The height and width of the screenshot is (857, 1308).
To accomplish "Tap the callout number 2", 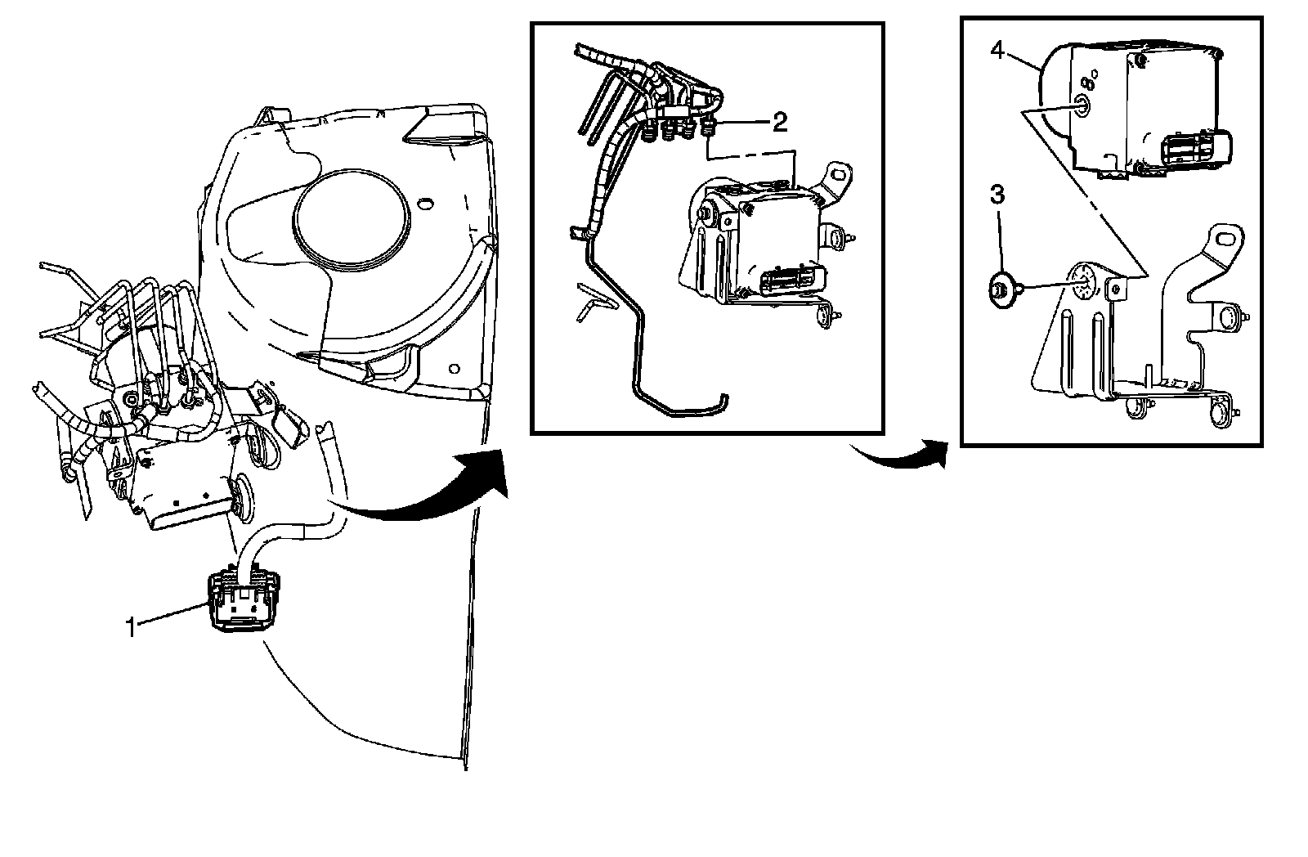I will coord(779,123).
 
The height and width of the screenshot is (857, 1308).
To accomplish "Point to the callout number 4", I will coord(997,50).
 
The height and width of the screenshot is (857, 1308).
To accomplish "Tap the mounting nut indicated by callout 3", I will coord(998,289).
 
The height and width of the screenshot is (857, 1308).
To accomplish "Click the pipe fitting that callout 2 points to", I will coord(709,126).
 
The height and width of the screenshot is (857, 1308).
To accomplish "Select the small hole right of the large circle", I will coord(423,202).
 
